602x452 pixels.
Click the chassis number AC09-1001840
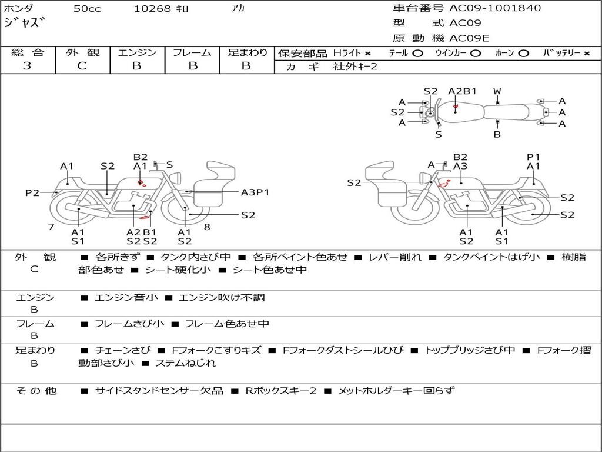pyautogui.click(x=495, y=8)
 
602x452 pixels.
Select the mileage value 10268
pyautogui.click(x=152, y=9)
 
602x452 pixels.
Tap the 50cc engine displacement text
pyautogui.click(x=86, y=9)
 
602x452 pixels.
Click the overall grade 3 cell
pyautogui.click(x=27, y=66)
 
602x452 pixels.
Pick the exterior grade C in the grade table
pyautogui.click(x=82, y=66)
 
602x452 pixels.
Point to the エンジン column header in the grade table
pyautogui.click(x=137, y=52)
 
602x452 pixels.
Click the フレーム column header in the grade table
pyautogui.click(x=192, y=52)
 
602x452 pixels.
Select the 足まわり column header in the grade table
pyautogui.click(x=248, y=52)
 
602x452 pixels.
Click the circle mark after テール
pyautogui.click(x=417, y=54)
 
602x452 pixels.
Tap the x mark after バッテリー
pyautogui.click(x=586, y=54)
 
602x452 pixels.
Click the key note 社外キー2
pyautogui.click(x=355, y=67)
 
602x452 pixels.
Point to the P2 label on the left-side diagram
pyautogui.click(x=32, y=192)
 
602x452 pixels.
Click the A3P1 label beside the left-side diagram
pyautogui.click(x=255, y=192)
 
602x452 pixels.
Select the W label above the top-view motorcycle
pyautogui.click(x=497, y=91)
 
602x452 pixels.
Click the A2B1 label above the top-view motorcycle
pyautogui.click(x=462, y=91)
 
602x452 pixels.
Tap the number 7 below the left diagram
pyautogui.click(x=51, y=227)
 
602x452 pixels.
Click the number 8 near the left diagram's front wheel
pyautogui.click(x=207, y=227)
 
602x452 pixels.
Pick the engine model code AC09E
pyautogui.click(x=469, y=38)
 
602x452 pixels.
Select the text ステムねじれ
pyautogui.click(x=185, y=363)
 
